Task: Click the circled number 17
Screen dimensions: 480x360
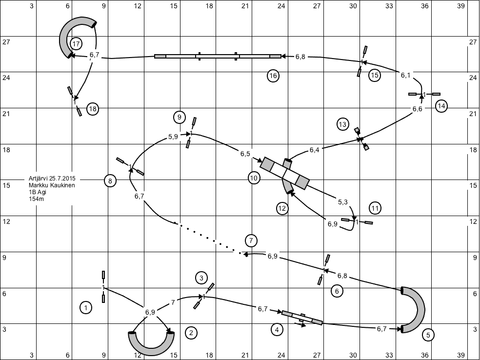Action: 76,44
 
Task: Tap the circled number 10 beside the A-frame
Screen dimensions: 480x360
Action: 254,178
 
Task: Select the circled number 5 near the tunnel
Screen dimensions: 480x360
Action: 428,335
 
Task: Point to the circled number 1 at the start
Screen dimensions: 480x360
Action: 86,307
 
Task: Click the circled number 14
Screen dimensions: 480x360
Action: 441,106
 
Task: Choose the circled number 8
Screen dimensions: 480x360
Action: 110,180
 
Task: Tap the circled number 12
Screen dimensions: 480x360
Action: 282,208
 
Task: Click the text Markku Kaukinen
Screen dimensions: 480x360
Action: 52,185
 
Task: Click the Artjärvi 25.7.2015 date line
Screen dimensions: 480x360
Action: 52,179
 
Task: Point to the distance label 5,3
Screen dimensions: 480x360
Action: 342,202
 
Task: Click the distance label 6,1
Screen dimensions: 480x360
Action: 406,75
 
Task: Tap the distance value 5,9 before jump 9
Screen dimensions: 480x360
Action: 173,137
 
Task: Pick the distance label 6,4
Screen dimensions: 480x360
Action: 314,150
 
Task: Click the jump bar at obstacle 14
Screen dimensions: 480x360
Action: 424,94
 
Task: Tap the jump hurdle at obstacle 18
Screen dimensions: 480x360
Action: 75,101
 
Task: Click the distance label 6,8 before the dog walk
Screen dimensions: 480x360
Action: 300,57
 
